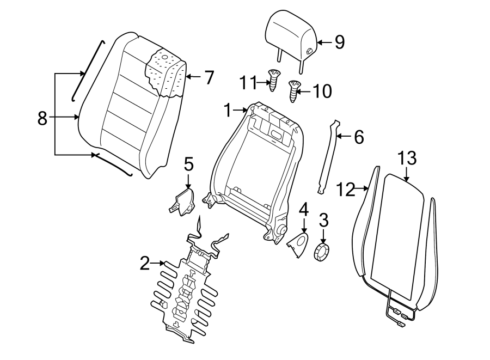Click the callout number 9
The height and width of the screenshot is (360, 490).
339,42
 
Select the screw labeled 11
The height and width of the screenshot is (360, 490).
274,79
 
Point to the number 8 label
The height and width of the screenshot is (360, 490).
42,118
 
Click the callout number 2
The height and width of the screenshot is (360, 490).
144,264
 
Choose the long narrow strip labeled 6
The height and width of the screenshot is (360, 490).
328,158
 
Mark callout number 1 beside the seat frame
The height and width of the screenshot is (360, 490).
228,111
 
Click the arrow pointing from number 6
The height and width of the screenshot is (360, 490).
342,137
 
